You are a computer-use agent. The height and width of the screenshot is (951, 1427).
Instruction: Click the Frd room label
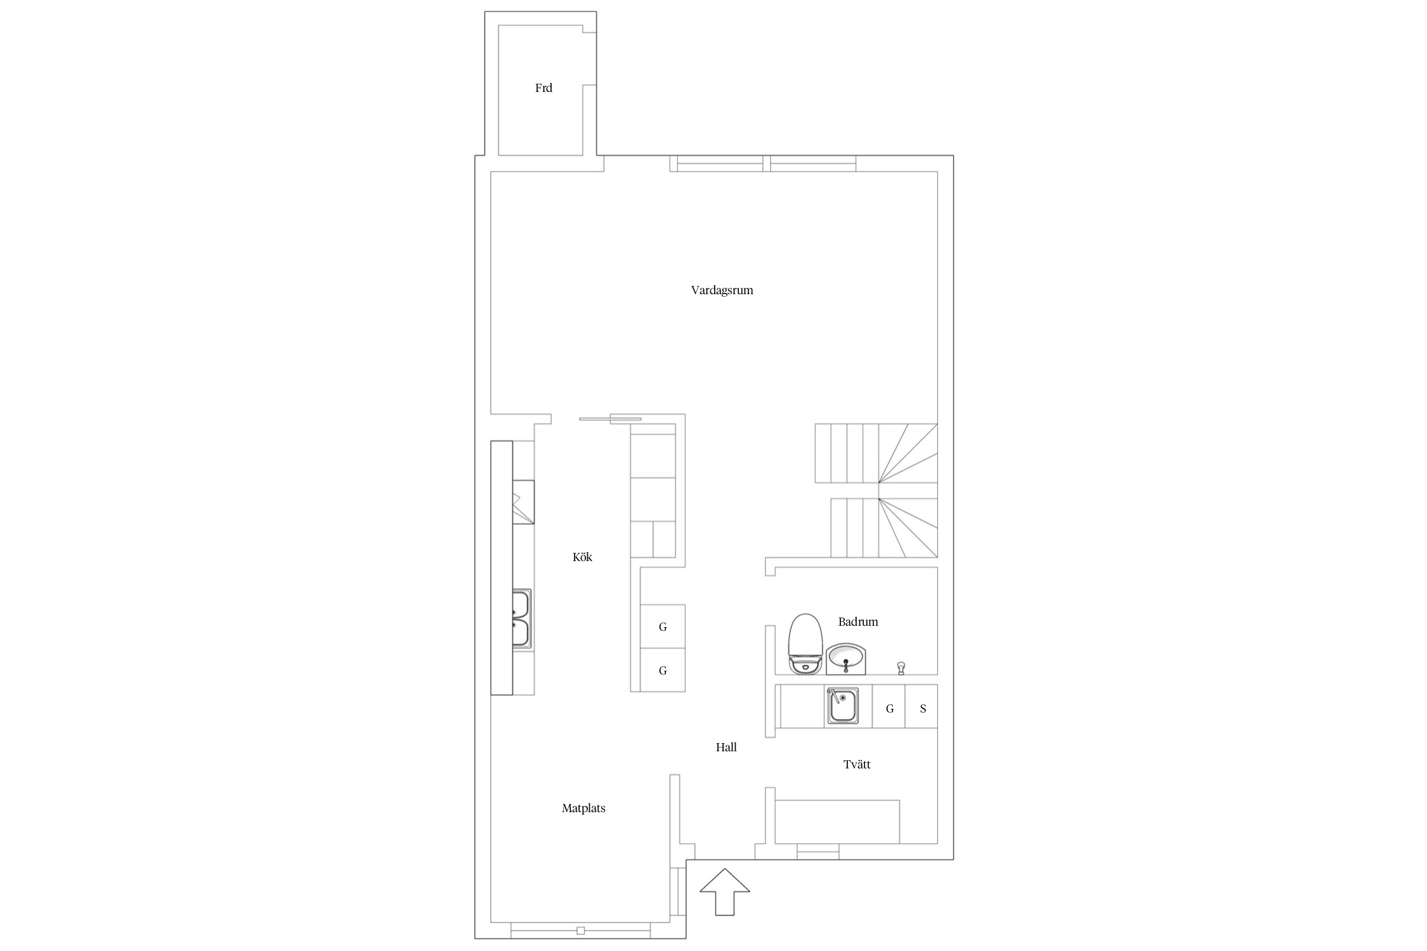pyautogui.click(x=544, y=88)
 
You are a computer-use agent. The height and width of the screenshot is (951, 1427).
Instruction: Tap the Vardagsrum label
pyautogui.click(x=722, y=290)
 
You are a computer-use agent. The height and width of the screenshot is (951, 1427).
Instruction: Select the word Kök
pyautogui.click(x=582, y=557)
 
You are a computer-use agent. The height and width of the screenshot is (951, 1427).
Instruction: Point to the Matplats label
pyautogui.click(x=583, y=808)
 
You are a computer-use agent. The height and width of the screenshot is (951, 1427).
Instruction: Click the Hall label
pyautogui.click(x=726, y=747)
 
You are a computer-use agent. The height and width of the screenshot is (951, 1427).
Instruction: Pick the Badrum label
pyautogui.click(x=858, y=622)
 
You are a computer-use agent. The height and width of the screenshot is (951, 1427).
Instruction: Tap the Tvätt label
pyautogui.click(x=857, y=765)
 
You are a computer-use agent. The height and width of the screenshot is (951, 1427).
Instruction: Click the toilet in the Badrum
pyautogui.click(x=805, y=643)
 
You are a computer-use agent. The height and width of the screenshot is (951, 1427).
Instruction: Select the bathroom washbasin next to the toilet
pyautogui.click(x=845, y=659)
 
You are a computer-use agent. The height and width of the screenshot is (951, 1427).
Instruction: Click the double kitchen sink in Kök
pyautogui.click(x=521, y=618)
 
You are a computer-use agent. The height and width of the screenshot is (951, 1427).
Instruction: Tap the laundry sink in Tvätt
pyautogui.click(x=842, y=706)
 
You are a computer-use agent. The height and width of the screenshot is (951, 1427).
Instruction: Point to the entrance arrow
pyautogui.click(x=725, y=891)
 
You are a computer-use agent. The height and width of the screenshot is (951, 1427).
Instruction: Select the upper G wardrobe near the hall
pyautogui.click(x=663, y=626)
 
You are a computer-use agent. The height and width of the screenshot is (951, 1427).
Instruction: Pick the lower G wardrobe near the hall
pyautogui.click(x=663, y=670)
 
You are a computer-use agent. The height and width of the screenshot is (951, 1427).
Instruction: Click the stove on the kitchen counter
pyautogui.click(x=523, y=502)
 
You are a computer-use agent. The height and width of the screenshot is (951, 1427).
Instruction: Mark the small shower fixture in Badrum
pyautogui.click(x=901, y=668)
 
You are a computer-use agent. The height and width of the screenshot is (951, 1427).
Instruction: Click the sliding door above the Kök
pyautogui.click(x=610, y=418)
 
